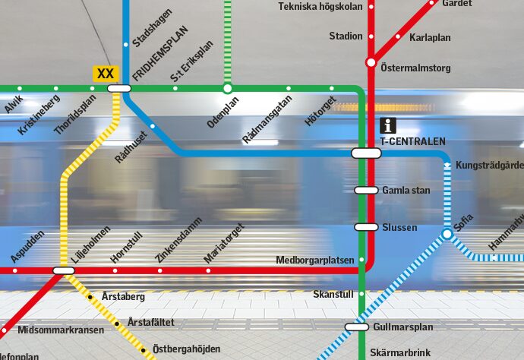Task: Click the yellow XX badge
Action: [x=106, y=73]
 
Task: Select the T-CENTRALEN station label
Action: [x=412, y=141]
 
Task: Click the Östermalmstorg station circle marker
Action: [x=371, y=62]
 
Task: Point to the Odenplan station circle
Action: [x=227, y=89]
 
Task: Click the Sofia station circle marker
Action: [x=447, y=235]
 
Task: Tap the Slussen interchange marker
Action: [x=366, y=227]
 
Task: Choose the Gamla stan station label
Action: [x=406, y=190]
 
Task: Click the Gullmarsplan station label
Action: [x=402, y=327]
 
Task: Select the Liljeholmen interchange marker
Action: [x=64, y=270]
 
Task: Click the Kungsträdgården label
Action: [x=489, y=165]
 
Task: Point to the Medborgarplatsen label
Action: [x=315, y=260]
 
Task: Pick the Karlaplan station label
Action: [x=430, y=37]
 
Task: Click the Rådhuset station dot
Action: [x=153, y=126]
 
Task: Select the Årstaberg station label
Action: [x=122, y=296]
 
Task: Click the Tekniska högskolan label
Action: [x=321, y=6]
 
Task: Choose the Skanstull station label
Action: [x=333, y=294]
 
